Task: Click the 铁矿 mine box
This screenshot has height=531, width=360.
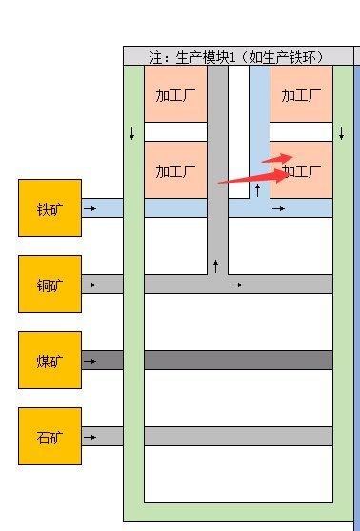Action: coord(50,207)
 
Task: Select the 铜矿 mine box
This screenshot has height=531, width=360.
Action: coord(50,284)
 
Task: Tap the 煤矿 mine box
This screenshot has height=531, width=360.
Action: coord(50,360)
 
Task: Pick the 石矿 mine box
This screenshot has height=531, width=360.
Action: coord(50,436)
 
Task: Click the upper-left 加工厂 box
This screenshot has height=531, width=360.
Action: coord(175,96)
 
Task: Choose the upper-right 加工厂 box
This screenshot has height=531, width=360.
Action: coord(301,96)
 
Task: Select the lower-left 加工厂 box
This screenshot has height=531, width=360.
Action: coord(175,172)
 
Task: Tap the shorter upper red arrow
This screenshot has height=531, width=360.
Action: coord(278,158)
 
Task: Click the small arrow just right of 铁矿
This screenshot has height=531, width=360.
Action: coord(90,207)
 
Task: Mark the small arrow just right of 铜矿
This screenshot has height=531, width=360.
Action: coord(90,284)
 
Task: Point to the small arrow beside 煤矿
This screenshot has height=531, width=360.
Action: coord(90,360)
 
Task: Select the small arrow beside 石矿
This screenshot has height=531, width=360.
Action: coord(90,436)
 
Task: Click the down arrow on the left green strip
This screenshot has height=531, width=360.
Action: coord(132,132)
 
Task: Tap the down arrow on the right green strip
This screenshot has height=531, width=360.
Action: coord(341,132)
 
